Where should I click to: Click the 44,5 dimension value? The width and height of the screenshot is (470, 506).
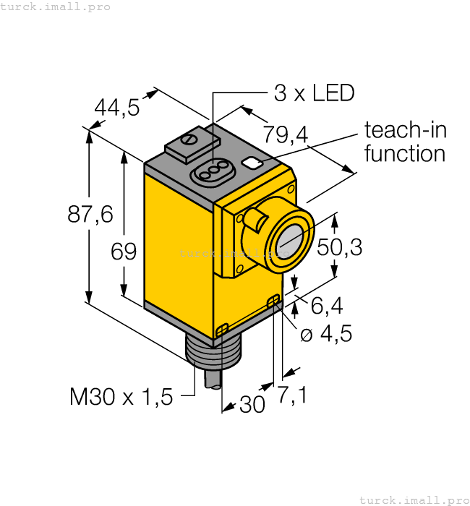tap(117, 108)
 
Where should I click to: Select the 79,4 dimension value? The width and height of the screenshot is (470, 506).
tap(286, 134)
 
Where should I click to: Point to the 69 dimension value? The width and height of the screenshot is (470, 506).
tap(124, 252)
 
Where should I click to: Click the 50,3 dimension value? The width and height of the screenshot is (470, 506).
tap(339, 247)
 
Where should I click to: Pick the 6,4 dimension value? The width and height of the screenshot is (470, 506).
tap(326, 306)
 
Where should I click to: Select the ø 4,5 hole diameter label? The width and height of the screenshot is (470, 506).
tap(327, 334)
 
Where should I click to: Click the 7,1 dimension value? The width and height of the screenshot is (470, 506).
tap(292, 395)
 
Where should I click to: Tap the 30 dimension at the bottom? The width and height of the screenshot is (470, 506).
tap(252, 406)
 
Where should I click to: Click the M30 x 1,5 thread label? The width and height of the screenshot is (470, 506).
tap(121, 396)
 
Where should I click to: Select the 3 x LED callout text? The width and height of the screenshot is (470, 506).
tap(315, 93)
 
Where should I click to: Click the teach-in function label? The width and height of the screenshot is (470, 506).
tap(405, 142)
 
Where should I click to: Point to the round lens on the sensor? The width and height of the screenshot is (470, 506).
tap(291, 239)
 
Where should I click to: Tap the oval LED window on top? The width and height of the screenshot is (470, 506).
tap(208, 172)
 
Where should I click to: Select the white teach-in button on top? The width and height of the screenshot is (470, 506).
tap(253, 163)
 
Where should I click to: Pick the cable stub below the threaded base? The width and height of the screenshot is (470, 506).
tap(214, 379)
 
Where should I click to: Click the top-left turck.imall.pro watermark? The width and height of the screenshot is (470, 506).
tap(56, 7)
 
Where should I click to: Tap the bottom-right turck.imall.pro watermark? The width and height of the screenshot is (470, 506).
tap(414, 499)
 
